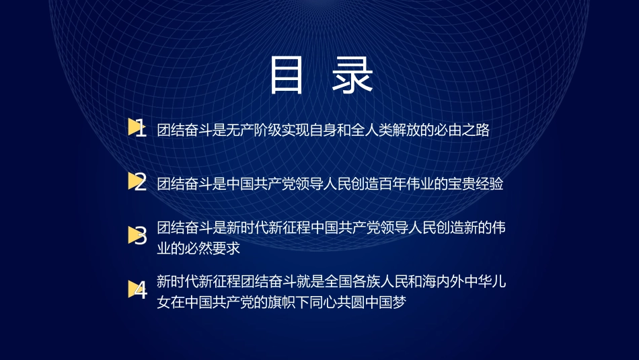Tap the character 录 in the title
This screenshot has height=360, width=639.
(x=353, y=75)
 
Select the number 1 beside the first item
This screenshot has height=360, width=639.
(x=141, y=129)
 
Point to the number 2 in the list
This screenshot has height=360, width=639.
(x=141, y=182)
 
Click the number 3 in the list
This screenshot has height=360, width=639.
(x=141, y=236)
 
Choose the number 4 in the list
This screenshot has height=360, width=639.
(x=141, y=291)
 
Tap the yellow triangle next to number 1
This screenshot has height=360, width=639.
(x=133, y=127)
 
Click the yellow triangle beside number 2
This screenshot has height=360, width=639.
(x=133, y=180)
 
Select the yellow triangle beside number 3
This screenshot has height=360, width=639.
(x=133, y=235)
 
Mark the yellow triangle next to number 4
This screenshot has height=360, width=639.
(x=133, y=289)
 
